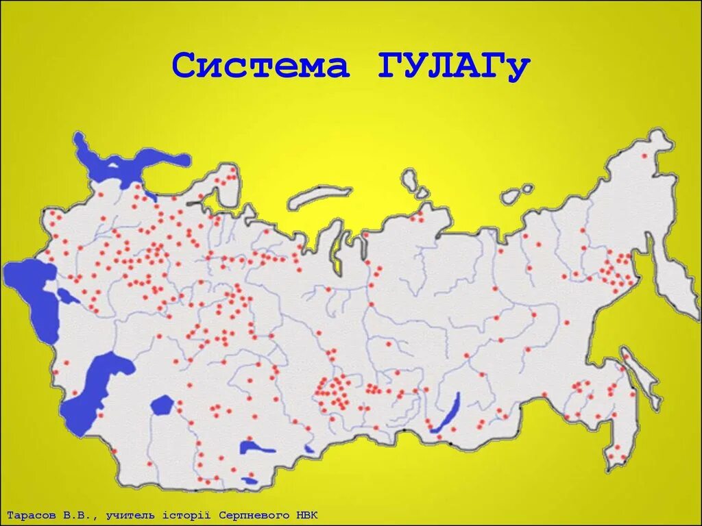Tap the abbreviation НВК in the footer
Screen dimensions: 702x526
pyautogui.click(x=306, y=514)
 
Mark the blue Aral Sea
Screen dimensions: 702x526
pyautogui.click(x=162, y=404)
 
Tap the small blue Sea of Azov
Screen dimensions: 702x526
pyautogui.click(x=66, y=297)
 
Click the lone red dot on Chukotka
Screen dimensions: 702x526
pyautogui.click(x=644, y=157)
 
